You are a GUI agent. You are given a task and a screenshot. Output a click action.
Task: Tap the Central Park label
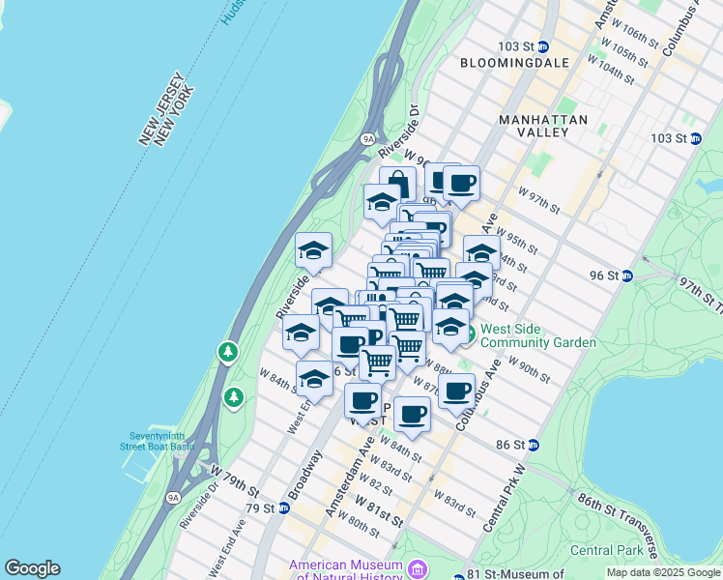(x=606, y=550)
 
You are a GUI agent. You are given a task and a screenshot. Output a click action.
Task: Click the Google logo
(x=32, y=568)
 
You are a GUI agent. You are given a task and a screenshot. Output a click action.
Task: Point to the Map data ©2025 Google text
(x=662, y=572)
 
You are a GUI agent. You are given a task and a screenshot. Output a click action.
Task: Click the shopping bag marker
(x=397, y=183)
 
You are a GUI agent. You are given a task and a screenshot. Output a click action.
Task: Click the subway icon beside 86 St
(x=533, y=445)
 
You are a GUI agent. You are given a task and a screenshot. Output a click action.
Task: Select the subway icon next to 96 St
(x=626, y=275)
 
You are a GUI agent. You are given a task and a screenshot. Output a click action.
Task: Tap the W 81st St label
(x=378, y=510)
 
